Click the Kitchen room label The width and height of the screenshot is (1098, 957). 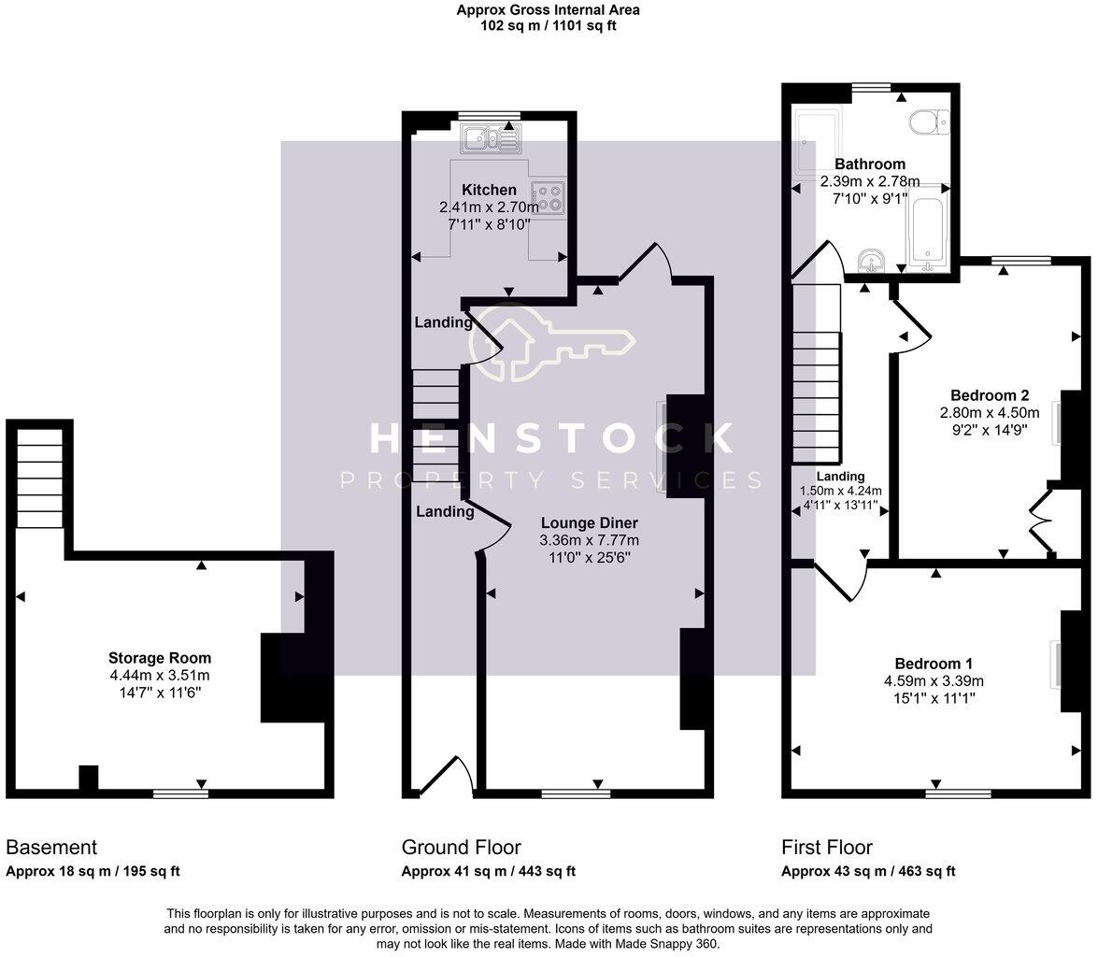click(488, 190)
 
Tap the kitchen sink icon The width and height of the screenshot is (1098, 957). click(491, 139)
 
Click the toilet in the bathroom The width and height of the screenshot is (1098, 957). click(929, 121)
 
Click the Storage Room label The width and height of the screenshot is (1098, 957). click(159, 658)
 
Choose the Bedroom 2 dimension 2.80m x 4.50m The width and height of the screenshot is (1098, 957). click(989, 412)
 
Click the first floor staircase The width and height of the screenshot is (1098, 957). click(817, 374)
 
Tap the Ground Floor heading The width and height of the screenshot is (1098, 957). click(461, 848)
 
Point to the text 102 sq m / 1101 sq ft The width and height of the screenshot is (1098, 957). click(548, 26)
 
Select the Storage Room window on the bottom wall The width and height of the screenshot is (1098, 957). click(180, 793)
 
